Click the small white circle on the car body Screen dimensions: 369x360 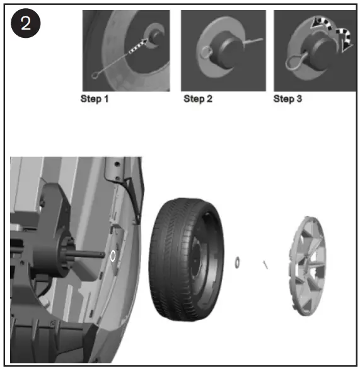113,255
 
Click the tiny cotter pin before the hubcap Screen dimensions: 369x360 267,265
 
